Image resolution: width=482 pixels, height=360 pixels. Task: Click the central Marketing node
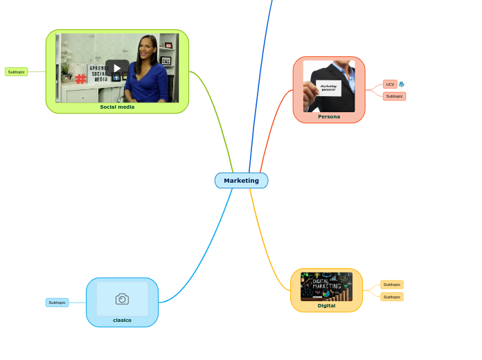click(x=241, y=181)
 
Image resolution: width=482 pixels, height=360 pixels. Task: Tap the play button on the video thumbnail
click(x=117, y=68)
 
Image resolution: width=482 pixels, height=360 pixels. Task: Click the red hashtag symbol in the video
click(x=80, y=78)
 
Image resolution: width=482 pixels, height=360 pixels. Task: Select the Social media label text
click(x=117, y=107)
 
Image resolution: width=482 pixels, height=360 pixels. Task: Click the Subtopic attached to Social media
click(x=16, y=72)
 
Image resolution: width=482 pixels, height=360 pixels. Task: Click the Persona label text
click(x=329, y=117)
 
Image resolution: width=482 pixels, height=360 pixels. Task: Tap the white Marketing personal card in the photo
click(x=329, y=88)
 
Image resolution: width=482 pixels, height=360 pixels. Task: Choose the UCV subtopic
click(x=390, y=84)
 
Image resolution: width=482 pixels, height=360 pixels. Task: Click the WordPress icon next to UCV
click(x=402, y=84)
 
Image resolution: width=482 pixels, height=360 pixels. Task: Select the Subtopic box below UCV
click(x=394, y=96)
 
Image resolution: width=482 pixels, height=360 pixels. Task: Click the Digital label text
click(x=326, y=305)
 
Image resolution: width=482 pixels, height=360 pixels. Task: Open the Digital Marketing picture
click(x=326, y=286)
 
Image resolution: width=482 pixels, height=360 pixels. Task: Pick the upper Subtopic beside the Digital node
click(x=392, y=285)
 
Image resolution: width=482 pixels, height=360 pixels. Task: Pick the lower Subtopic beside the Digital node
click(x=392, y=297)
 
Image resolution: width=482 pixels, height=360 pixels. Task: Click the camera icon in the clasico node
click(x=122, y=299)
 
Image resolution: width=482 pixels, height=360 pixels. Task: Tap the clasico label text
click(x=122, y=320)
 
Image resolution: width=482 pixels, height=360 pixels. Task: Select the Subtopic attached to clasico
click(x=57, y=303)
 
